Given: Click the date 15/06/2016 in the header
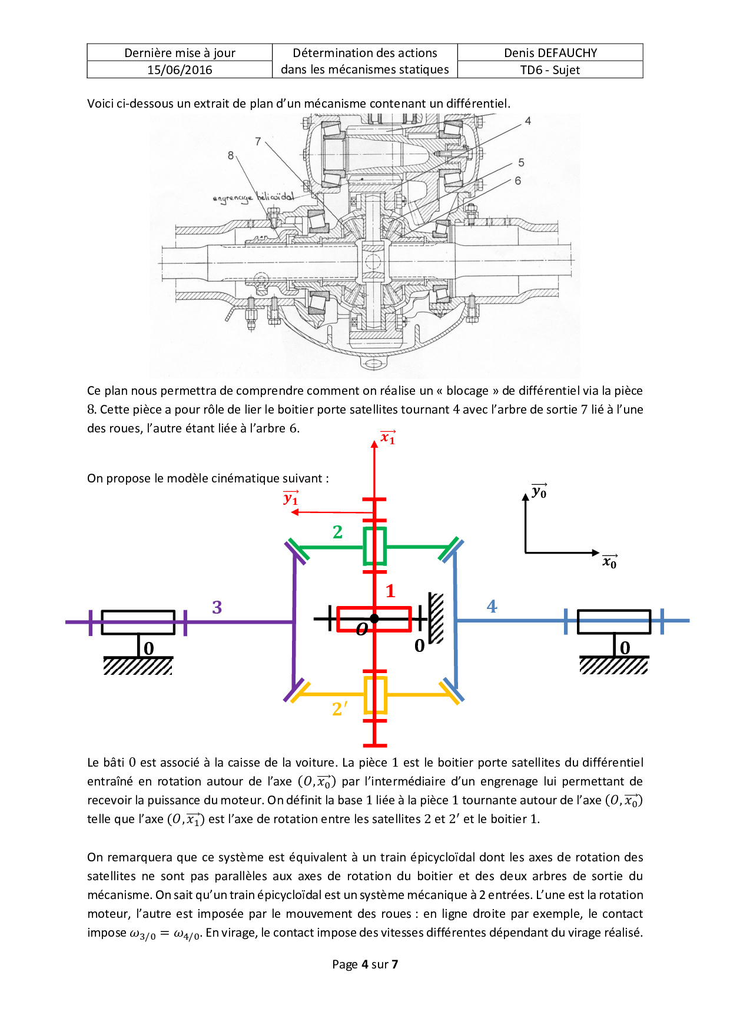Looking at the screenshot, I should pos(180,70).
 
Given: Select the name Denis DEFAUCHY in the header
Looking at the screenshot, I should pos(550,53).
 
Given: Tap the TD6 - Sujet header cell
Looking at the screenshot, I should pos(550,70).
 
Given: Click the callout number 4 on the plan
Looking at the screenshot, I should pos(528,121).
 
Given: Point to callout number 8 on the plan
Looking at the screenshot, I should pos(231,155).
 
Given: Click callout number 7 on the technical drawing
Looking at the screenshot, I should pos(258,141).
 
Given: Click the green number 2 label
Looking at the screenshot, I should pos(337,532).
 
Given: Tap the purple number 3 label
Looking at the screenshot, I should pos(217,607).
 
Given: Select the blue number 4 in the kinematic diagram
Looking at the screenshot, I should pos(492,607).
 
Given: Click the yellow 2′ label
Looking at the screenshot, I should pos(340,709).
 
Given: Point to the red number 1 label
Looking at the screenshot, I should pos(390,591).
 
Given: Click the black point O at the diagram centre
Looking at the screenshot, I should pos(374,618).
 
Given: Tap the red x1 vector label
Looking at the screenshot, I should pos(388,437).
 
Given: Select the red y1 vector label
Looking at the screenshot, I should pos(291,498).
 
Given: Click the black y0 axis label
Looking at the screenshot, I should pos(539,491).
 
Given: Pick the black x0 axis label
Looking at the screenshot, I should pos(610,562).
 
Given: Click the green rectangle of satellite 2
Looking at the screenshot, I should pos(374,547).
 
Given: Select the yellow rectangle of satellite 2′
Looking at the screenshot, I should pos(375,695).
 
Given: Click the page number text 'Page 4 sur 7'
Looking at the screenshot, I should pos(365,964).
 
